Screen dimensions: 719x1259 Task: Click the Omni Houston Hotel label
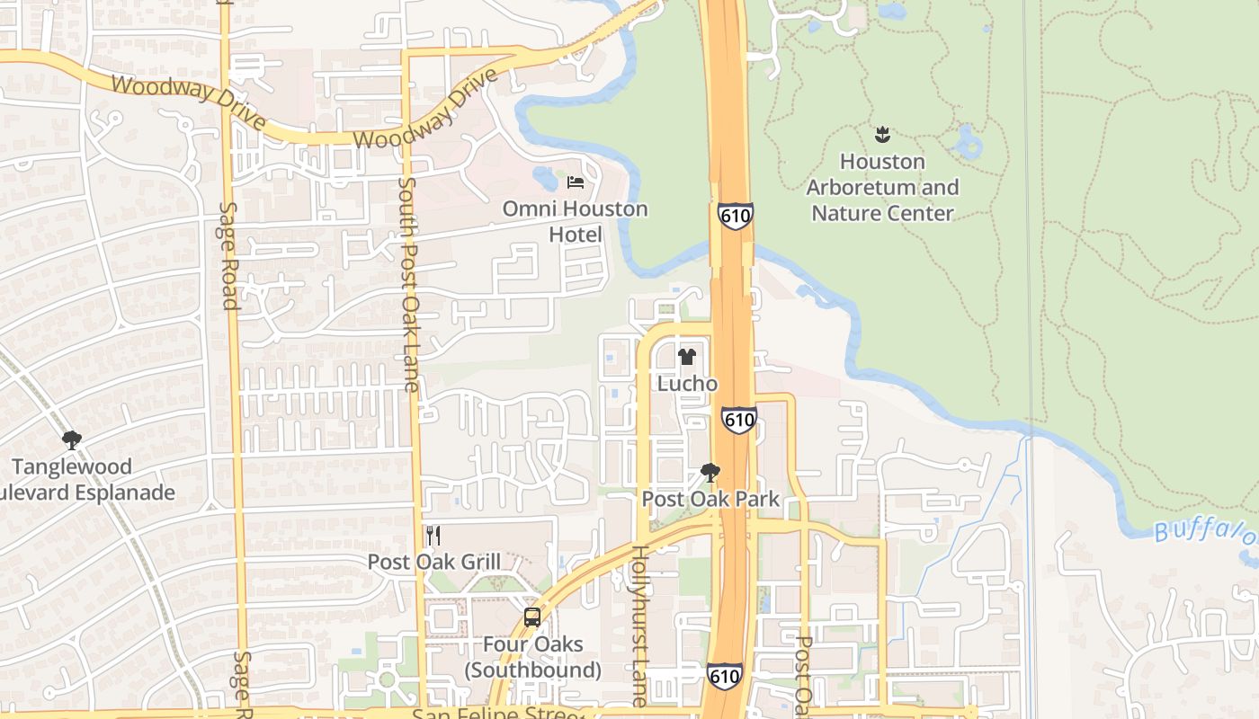(x=575, y=221)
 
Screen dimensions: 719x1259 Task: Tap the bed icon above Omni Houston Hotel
(x=576, y=182)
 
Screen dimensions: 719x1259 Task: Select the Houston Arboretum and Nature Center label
(x=882, y=187)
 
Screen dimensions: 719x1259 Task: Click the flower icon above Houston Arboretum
(x=882, y=136)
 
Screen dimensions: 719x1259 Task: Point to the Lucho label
(x=687, y=384)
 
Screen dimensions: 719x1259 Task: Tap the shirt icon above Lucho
(x=687, y=357)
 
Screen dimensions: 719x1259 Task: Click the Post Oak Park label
(x=710, y=499)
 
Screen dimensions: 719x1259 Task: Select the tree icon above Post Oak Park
(x=710, y=473)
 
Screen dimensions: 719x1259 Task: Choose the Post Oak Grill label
(x=433, y=562)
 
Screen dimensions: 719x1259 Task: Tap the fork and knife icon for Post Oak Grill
(x=433, y=536)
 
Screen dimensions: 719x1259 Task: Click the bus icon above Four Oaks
(x=532, y=617)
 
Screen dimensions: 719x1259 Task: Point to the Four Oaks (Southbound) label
(x=532, y=657)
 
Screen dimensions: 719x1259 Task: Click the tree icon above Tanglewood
(x=72, y=440)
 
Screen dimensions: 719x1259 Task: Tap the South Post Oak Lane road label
(x=408, y=284)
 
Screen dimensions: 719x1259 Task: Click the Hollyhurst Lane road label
(x=639, y=625)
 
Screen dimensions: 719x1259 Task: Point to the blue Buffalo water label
(x=1205, y=530)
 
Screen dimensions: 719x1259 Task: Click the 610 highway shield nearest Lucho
(x=738, y=420)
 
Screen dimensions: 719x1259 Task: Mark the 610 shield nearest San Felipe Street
(x=724, y=676)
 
